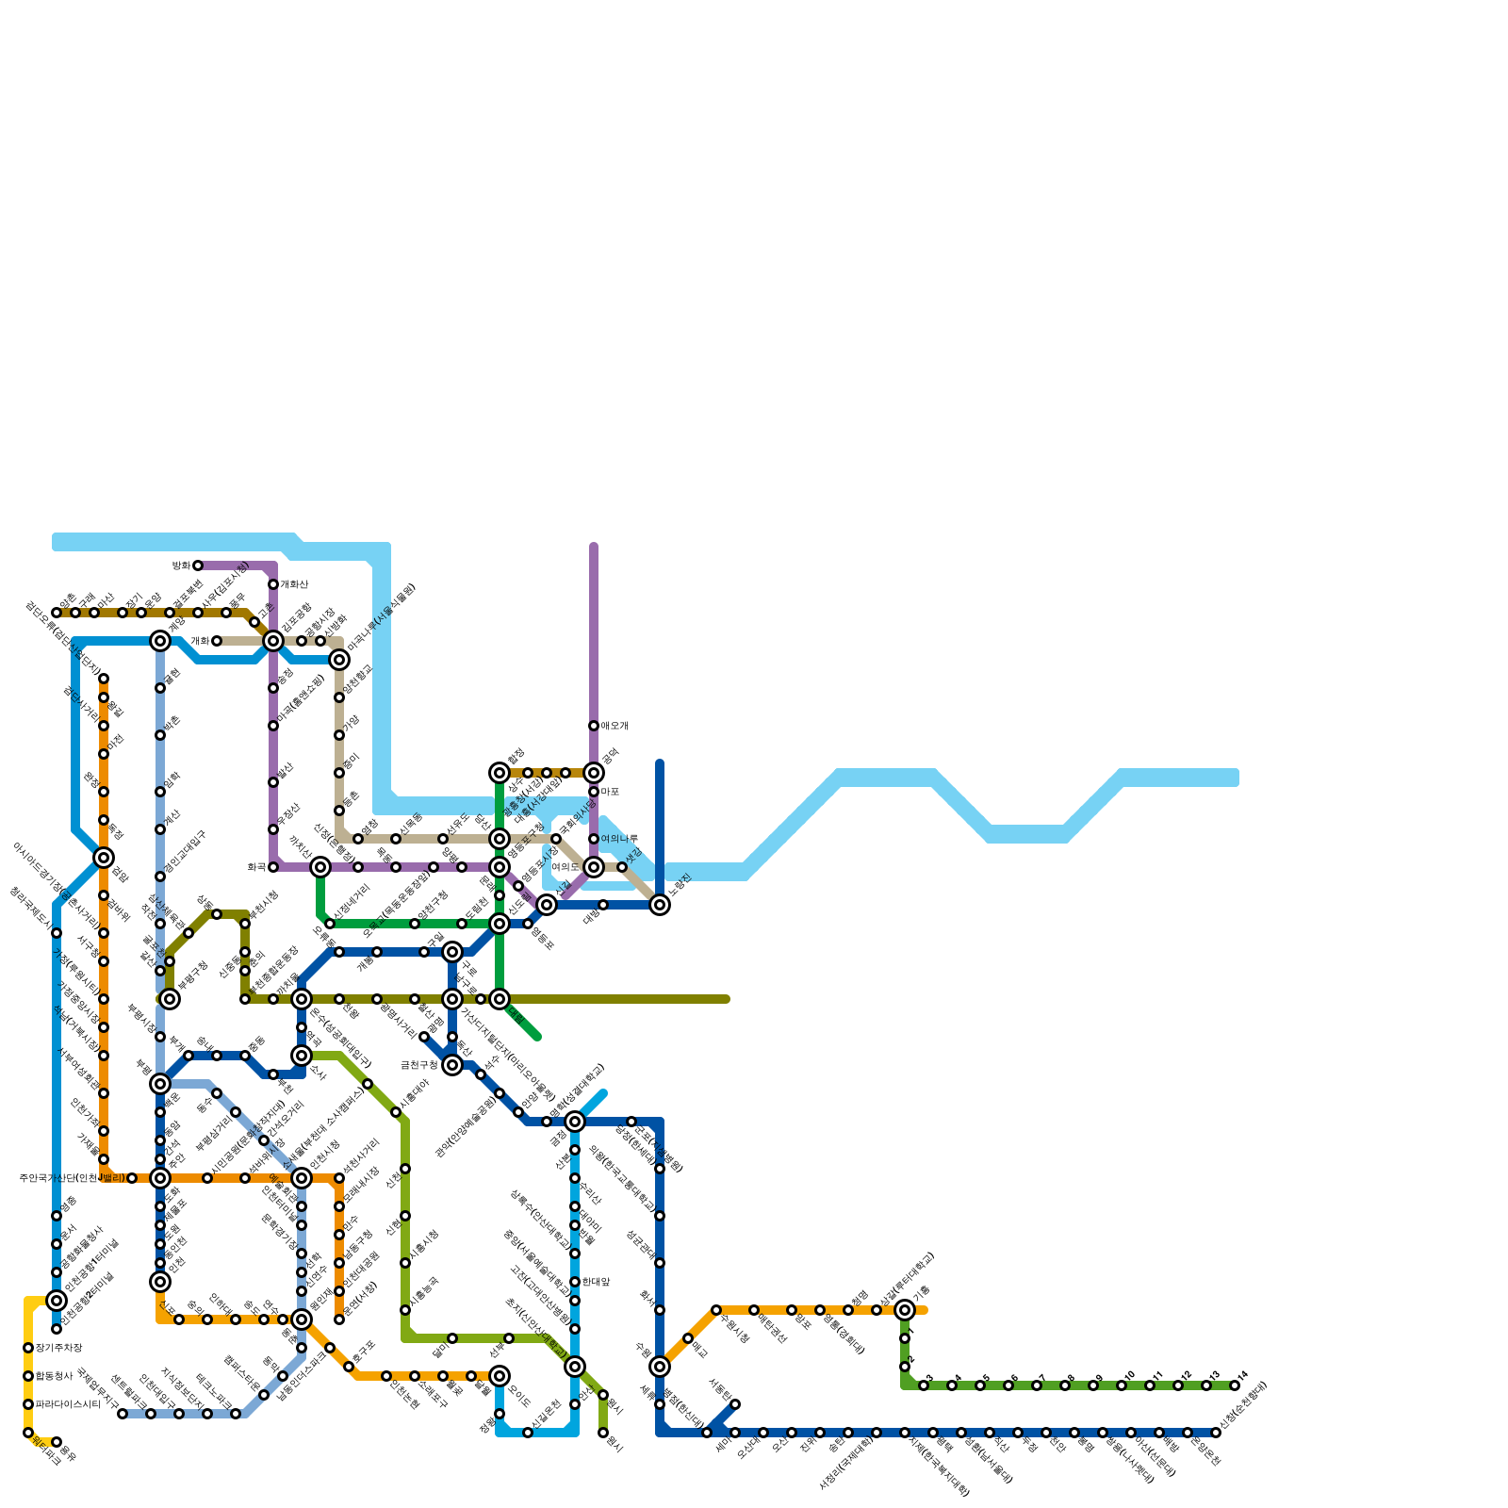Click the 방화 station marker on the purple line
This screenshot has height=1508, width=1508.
[198, 565]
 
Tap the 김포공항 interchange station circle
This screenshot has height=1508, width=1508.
[273, 641]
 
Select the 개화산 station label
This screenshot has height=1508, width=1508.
[294, 585]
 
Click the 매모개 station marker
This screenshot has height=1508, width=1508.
[594, 726]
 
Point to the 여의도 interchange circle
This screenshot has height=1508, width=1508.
[594, 867]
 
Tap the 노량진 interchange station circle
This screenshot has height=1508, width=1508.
[660, 905]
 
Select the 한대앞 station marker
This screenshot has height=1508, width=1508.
[575, 1282]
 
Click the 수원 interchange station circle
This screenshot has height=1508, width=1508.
[660, 1367]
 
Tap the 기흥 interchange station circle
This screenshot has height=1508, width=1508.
[905, 1310]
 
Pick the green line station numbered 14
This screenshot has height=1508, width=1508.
[1235, 1385]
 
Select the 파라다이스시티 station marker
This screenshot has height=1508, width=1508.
[28, 1404]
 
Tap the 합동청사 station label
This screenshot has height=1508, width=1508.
[54, 1376]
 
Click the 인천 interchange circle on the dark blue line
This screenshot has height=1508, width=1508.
[160, 1282]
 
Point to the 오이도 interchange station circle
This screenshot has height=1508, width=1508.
[500, 1376]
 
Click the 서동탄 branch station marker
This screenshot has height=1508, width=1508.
[735, 1404]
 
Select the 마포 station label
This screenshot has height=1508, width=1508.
[610, 792]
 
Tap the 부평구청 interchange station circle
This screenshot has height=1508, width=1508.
[170, 999]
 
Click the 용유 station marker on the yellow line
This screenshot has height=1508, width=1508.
[57, 1442]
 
